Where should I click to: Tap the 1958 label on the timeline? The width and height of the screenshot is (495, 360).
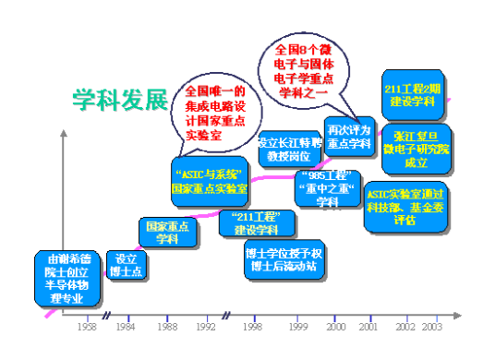(x=87, y=327)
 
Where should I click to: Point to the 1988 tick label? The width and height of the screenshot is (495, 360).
(x=167, y=327)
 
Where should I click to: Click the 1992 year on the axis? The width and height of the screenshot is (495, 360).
(x=207, y=327)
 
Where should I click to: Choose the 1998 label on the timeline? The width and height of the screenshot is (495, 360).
(x=252, y=327)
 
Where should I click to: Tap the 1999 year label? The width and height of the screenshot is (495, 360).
(x=298, y=327)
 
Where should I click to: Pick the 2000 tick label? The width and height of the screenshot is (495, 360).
(x=337, y=327)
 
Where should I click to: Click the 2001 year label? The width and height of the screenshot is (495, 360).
(x=368, y=327)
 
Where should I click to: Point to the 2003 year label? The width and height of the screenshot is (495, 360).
(x=431, y=327)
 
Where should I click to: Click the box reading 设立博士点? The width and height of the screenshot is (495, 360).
(x=126, y=265)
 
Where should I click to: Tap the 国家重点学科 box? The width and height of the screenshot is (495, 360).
(x=166, y=232)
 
